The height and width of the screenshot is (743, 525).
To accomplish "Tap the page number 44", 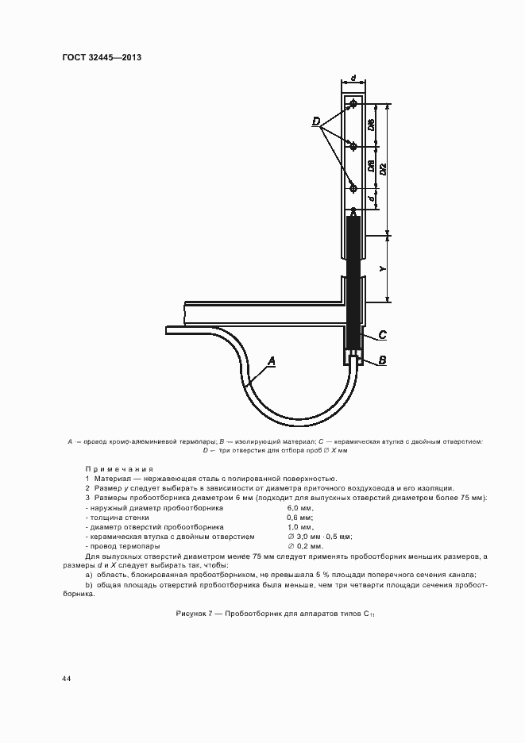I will click(66, 679).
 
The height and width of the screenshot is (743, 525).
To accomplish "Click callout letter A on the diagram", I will click(271, 361).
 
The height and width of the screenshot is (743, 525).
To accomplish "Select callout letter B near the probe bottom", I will click(382, 360).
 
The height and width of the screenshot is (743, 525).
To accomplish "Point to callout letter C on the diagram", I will click(382, 334).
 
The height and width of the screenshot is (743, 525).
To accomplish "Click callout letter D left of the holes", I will click(316, 121).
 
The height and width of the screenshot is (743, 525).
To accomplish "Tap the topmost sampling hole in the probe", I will click(353, 105).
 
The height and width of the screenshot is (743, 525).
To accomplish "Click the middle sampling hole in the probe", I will click(353, 146).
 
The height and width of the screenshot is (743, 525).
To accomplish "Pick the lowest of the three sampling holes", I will click(353, 188).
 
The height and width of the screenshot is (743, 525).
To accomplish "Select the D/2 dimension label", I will click(383, 167).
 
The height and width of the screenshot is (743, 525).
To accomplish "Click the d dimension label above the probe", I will click(353, 79).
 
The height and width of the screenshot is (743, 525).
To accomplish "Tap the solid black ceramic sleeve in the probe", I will click(353, 278).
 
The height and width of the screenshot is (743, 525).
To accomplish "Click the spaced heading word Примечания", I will click(118, 469).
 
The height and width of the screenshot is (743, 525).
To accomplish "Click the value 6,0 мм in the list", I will click(299, 507).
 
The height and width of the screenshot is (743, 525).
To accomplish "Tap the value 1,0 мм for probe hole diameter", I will click(299, 527).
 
